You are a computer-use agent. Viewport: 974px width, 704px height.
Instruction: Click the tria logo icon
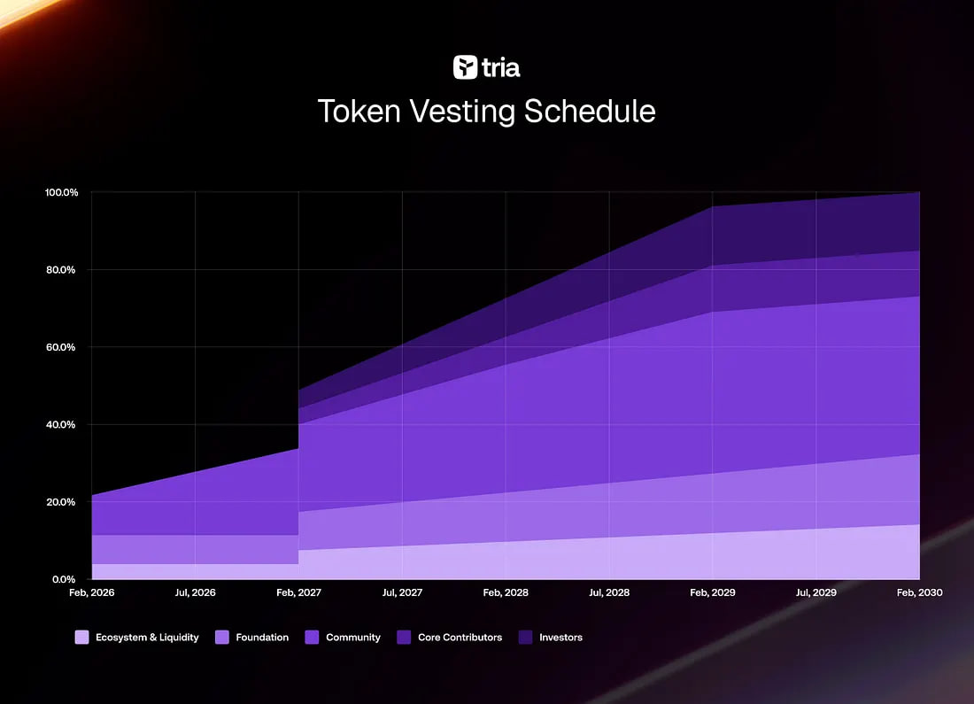(465, 67)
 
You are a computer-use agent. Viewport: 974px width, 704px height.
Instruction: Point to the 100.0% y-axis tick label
(62, 192)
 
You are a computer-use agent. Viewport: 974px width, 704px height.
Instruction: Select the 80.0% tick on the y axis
(64, 270)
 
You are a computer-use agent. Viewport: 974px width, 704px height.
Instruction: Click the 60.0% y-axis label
(64, 347)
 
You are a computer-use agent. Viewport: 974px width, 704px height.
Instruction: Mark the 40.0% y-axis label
(64, 425)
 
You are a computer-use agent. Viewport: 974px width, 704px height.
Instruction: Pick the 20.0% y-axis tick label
(64, 502)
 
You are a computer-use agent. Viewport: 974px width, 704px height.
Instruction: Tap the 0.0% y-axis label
(66, 579)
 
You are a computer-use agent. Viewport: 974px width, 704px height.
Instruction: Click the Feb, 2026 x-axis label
(91, 592)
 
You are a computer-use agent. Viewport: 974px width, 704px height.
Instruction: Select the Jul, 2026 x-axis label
(195, 592)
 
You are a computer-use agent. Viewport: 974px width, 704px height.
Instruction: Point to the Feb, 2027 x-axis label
(298, 592)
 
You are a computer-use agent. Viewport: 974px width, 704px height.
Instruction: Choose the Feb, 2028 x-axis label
(506, 592)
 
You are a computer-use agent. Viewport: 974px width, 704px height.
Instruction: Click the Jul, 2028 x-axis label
(609, 592)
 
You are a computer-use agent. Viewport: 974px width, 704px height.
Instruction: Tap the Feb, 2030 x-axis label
(919, 592)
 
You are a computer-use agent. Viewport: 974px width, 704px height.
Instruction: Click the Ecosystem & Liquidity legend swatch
(82, 637)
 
